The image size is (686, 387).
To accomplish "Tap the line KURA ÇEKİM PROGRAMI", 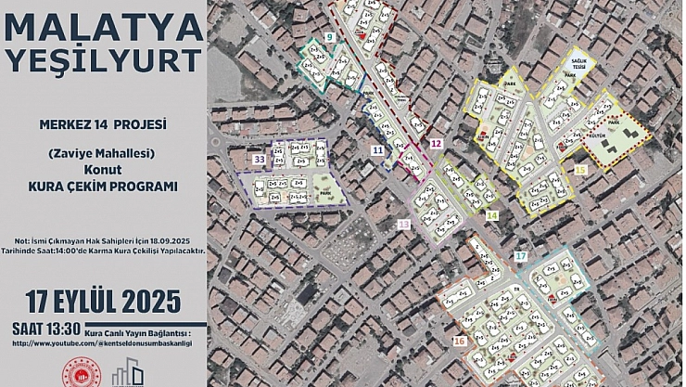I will pyautogui.click(x=103, y=186).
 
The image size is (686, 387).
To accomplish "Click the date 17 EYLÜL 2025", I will pyautogui.click(x=101, y=302).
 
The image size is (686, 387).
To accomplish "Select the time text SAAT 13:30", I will pyautogui.click(x=45, y=328).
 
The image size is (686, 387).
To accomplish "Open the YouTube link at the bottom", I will pyautogui.click(x=102, y=343).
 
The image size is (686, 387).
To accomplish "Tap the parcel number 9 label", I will pyautogui.click(x=330, y=36).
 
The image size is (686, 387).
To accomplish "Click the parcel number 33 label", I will pyautogui.click(x=259, y=161).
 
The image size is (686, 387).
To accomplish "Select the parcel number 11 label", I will pyautogui.click(x=376, y=149).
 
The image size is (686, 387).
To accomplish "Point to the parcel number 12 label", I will pyautogui.click(x=435, y=144).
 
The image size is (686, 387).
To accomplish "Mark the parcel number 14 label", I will pyautogui.click(x=491, y=215).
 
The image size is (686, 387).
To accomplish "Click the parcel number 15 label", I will pyautogui.click(x=580, y=170).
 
